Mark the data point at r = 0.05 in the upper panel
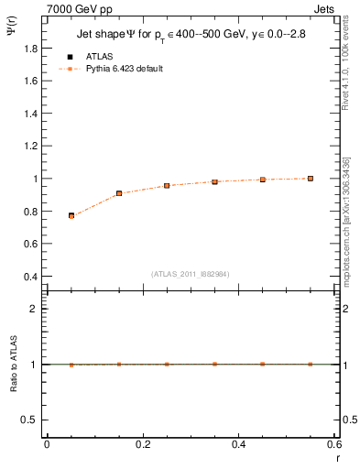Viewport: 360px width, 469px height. click(71, 215)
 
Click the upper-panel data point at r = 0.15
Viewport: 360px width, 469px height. click(119, 193)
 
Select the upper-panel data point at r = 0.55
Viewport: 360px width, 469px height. click(311, 178)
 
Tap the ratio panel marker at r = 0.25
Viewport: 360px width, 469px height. click(167, 364)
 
